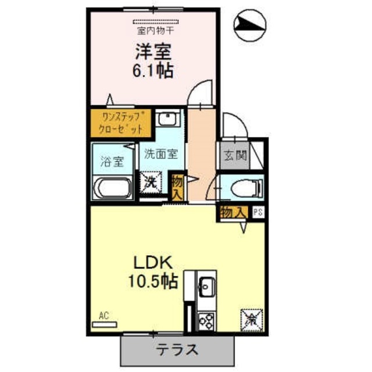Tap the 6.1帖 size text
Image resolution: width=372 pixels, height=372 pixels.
coord(153,71)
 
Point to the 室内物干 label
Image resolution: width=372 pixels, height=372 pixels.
coord(152,28)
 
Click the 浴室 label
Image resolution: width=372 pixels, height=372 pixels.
coord(112,162)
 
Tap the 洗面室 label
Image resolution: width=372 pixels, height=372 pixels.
coord(161,155)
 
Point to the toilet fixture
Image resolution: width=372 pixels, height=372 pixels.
coord(243,188)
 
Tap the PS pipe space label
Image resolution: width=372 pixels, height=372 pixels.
coord(257,213)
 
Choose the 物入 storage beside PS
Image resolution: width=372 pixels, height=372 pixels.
coord(233,212)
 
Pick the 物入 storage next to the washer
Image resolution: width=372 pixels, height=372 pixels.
coord(178,187)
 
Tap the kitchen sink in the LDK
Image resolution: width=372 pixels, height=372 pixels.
coord(206,285)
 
